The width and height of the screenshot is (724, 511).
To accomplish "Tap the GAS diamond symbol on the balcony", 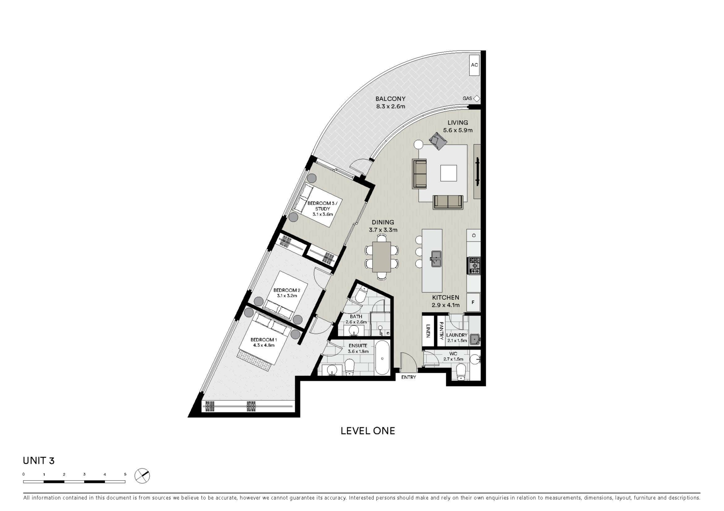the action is [x=476, y=99].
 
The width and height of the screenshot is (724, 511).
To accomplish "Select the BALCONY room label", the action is [x=391, y=99].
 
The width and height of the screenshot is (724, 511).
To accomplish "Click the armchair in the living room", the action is [x=438, y=141].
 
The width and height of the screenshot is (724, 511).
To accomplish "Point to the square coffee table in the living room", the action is [x=448, y=173].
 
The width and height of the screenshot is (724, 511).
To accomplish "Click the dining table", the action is [x=381, y=257].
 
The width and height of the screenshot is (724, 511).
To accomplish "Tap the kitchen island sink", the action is [x=436, y=259].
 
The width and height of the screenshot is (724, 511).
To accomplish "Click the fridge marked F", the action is [x=473, y=303].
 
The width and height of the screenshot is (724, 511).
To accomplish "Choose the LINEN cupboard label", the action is [x=428, y=331].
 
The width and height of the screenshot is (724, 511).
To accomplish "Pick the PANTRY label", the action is [x=441, y=330].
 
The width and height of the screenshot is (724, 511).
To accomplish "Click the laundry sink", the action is [x=475, y=339].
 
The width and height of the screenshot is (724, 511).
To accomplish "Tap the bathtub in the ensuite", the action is [x=382, y=358].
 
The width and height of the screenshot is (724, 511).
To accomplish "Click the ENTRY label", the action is [x=409, y=377].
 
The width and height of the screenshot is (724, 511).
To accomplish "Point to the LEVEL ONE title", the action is [x=368, y=431].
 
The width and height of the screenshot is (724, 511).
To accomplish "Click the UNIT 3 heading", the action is [x=38, y=461].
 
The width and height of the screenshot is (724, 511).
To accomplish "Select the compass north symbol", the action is [x=142, y=476].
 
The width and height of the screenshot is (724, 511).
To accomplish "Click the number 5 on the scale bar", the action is [x=125, y=474].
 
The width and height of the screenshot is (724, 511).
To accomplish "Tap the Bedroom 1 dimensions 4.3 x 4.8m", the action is [x=264, y=345].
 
